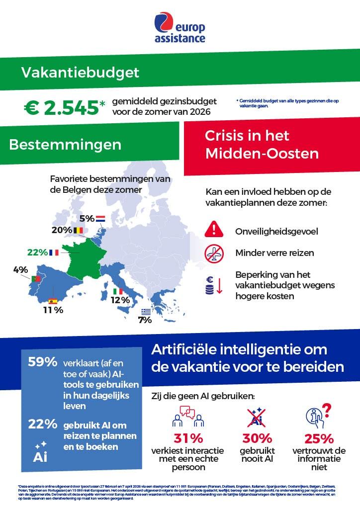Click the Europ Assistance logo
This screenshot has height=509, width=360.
click(x=180, y=29)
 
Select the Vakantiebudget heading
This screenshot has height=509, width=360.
click(x=80, y=73)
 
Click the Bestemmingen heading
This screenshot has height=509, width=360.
click(x=65, y=145)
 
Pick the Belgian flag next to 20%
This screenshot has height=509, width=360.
click(x=78, y=230)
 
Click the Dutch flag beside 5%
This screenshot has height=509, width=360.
click(x=100, y=218)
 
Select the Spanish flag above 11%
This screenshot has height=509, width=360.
click(x=52, y=301)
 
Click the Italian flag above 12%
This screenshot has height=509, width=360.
click(x=118, y=291)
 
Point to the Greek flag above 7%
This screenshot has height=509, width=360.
click(x=145, y=312)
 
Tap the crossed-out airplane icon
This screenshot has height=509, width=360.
click(x=214, y=254)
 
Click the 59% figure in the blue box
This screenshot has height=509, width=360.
click(x=42, y=362)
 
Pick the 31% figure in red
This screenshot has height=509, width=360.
click(x=187, y=438)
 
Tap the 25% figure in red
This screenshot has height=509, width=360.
click(x=319, y=438)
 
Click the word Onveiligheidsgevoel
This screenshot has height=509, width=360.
click(x=276, y=231)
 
